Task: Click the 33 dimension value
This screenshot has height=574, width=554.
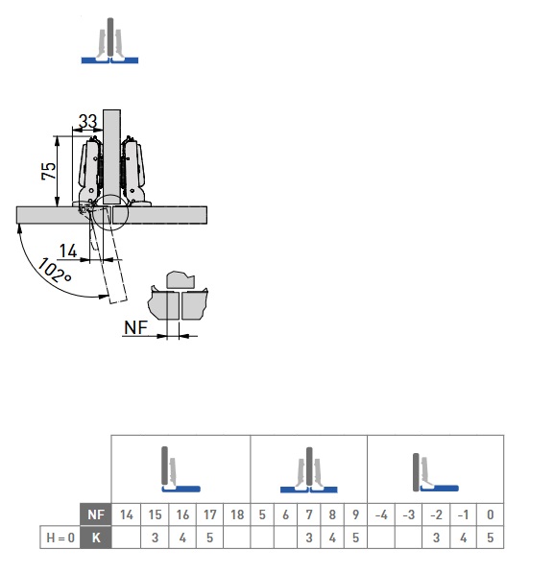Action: click(88, 121)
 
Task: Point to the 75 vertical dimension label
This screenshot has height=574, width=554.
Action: click(49, 171)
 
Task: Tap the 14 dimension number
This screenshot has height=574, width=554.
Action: click(68, 251)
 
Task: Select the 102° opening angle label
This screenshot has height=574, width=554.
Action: click(55, 271)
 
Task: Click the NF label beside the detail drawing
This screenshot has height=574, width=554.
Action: click(135, 327)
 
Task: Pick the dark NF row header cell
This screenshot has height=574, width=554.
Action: click(96, 514)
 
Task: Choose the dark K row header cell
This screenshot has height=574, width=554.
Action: click(96, 538)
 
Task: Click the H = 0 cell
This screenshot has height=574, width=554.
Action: click(60, 538)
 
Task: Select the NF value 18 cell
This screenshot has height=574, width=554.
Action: click(237, 514)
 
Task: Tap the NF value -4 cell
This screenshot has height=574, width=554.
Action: click(381, 514)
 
